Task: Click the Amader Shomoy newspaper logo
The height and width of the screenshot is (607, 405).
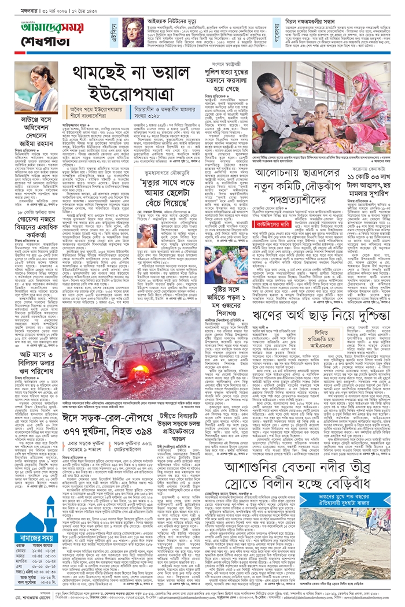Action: point(40,27)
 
